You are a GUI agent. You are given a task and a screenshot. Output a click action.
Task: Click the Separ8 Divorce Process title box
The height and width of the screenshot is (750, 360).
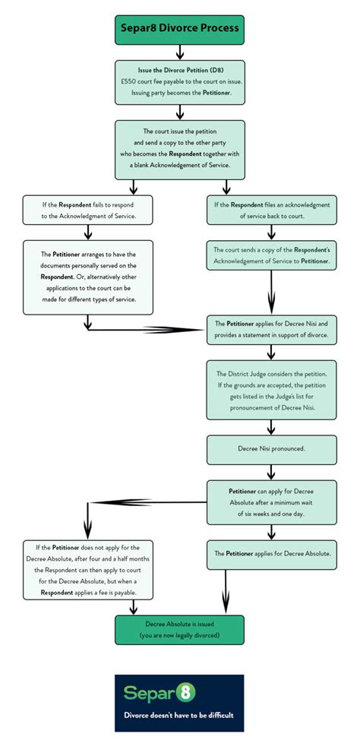(179, 29)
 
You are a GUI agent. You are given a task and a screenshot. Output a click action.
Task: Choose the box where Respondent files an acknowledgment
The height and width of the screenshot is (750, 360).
(271, 210)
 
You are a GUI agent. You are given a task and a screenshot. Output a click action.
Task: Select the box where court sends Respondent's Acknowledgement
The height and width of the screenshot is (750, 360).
(271, 255)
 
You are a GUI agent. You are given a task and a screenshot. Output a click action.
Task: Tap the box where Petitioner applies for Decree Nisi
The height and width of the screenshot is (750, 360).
(271, 330)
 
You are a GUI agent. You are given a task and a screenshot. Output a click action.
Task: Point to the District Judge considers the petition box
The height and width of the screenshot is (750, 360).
(271, 391)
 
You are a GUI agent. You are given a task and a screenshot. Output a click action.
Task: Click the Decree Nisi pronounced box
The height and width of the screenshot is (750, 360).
(271, 449)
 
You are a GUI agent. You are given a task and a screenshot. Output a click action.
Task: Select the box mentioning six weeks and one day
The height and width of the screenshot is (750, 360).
(271, 502)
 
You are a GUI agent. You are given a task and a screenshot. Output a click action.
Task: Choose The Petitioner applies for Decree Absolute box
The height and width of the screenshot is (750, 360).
(271, 554)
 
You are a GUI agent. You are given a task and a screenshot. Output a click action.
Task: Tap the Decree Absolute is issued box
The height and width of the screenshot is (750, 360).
(179, 629)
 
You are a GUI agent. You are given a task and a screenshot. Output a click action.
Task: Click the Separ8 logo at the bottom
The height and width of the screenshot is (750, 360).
(159, 693)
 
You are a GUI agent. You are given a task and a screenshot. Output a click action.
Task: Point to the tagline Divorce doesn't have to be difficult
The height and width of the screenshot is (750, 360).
(179, 716)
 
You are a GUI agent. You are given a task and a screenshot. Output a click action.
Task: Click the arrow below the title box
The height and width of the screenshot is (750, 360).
(179, 52)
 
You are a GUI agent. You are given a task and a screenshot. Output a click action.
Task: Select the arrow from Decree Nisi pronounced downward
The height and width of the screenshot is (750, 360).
(271, 471)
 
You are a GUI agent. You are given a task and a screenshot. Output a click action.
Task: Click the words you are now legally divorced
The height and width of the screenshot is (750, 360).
(179, 635)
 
